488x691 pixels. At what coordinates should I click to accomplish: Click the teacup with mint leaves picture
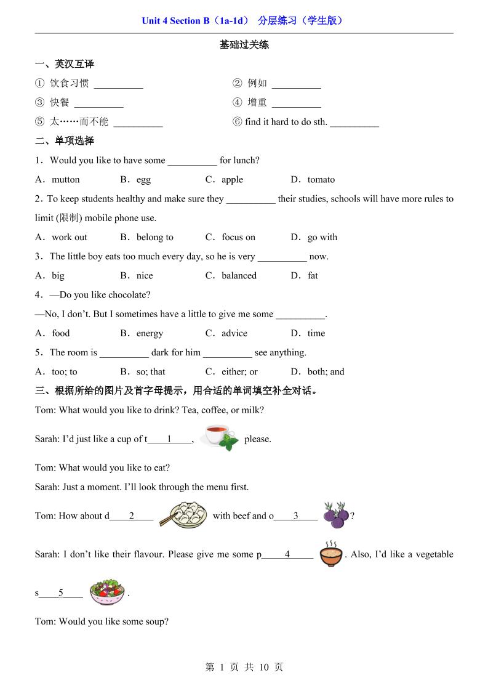point(219,437)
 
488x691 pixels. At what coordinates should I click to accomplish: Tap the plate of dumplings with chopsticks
point(183,515)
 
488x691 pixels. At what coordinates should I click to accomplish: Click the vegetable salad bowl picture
point(107,592)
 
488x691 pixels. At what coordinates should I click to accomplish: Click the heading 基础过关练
point(244,45)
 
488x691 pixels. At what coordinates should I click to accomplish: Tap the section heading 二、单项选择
point(65,141)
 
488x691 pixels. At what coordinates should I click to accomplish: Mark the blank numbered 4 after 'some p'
point(287,555)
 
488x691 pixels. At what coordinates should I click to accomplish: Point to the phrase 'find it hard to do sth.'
point(286,122)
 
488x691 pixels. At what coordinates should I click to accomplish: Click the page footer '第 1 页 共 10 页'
point(244,667)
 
